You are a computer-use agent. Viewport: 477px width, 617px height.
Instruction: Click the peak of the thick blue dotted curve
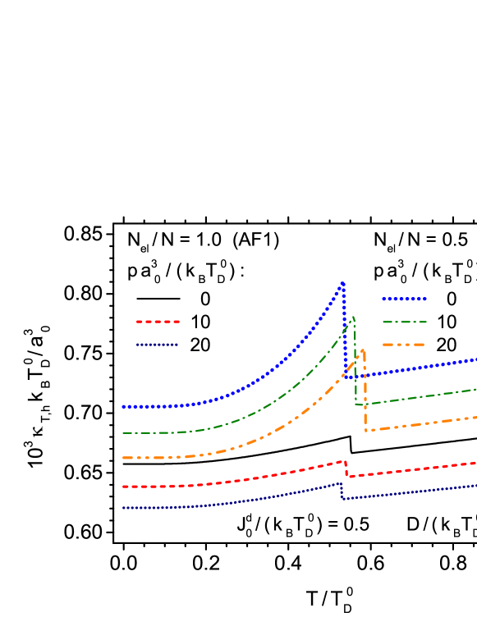[343, 284]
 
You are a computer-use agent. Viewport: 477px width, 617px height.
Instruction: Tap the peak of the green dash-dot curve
[353, 317]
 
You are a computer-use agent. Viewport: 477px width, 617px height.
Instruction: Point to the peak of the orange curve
[362, 351]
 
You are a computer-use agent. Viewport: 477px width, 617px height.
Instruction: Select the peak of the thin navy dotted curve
[342, 482]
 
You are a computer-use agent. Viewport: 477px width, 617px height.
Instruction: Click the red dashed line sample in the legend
[158, 322]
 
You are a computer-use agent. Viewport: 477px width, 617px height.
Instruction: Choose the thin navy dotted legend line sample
[158, 345]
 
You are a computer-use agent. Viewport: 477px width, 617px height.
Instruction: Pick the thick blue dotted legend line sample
[404, 299]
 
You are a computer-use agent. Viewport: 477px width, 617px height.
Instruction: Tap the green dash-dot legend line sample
[404, 322]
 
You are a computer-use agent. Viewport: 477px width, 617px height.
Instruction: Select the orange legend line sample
[404, 345]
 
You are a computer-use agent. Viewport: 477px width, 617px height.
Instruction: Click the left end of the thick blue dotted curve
[123, 407]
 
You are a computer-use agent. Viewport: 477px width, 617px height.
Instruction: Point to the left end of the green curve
[123, 432]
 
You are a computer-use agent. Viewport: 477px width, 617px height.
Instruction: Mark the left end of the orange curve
[123, 458]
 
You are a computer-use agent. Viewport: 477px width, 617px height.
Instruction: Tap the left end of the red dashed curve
[123, 487]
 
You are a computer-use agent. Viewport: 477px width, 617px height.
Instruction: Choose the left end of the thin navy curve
[123, 508]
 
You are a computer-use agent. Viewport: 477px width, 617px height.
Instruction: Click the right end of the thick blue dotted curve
[475, 360]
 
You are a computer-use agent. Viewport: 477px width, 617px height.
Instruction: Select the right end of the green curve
[475, 389]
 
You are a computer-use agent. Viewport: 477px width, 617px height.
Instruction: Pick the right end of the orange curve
[475, 418]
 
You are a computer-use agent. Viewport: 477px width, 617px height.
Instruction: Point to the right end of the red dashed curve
[475, 464]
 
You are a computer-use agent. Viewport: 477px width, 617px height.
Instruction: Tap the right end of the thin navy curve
[475, 485]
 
